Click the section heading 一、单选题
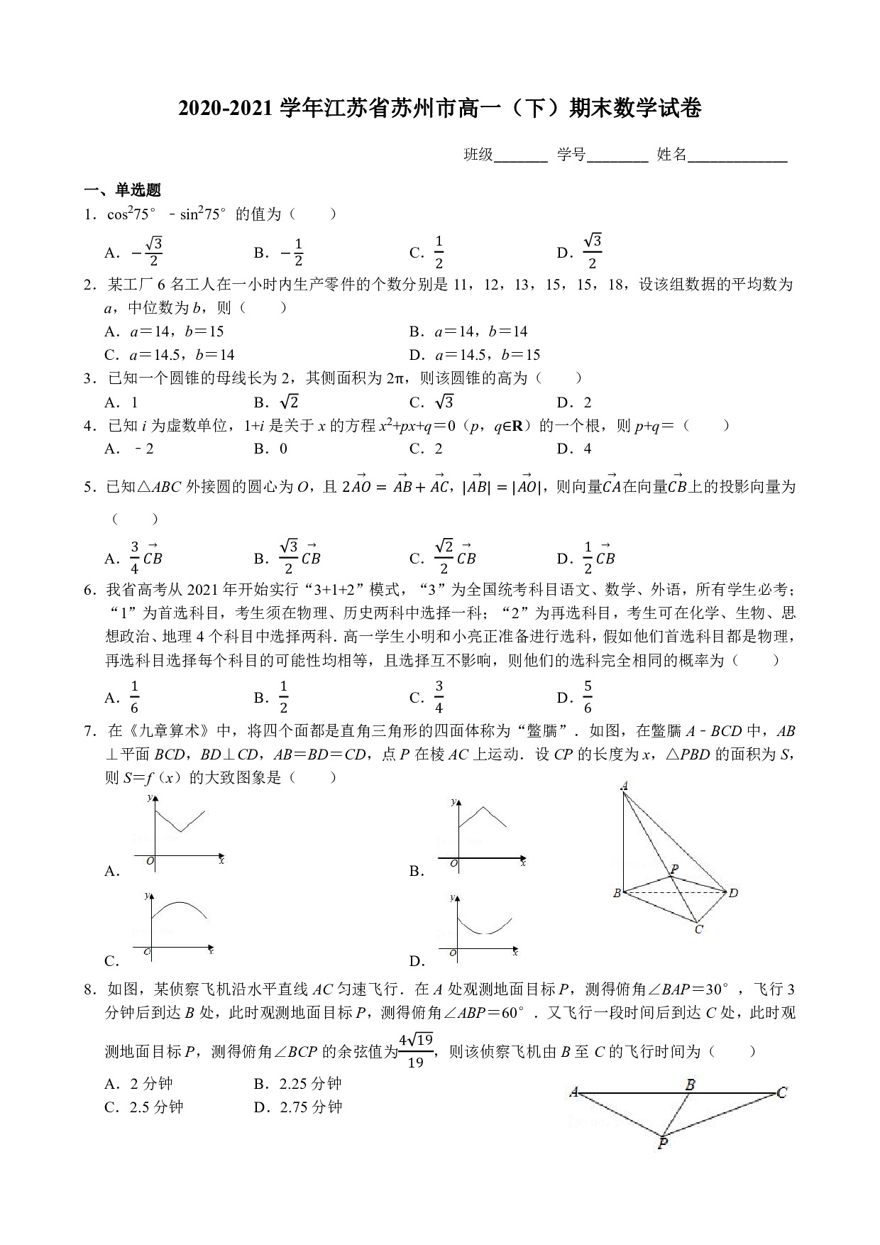123,190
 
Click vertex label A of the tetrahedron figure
624,786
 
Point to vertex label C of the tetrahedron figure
698,929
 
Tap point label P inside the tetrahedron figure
673,869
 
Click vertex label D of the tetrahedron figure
733,892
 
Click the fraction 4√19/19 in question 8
416,1051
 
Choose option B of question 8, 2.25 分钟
298,1084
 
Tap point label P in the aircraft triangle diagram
662,1143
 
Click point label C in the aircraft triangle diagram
781,1093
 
